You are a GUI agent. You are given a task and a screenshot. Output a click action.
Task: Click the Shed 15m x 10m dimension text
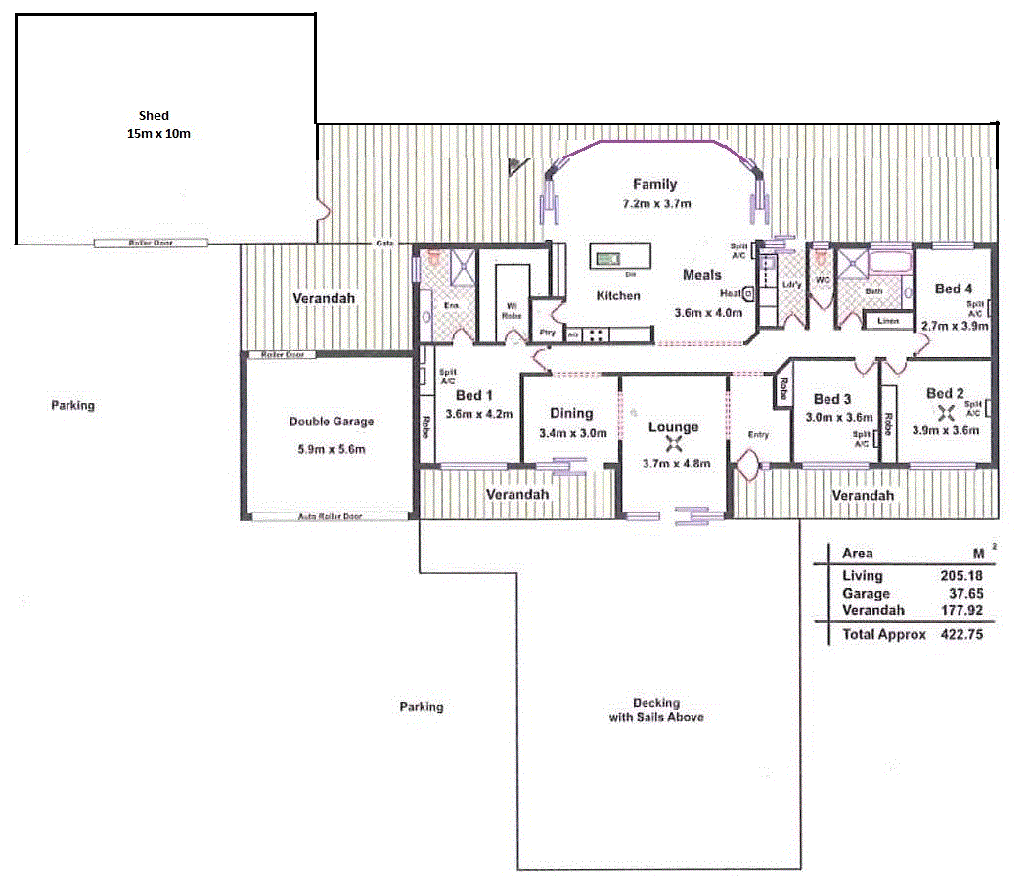(158, 133)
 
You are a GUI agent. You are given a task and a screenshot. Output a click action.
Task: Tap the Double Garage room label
(331, 422)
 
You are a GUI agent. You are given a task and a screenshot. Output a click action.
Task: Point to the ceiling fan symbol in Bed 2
(944, 412)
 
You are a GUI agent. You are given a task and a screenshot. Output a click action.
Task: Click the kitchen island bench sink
(607, 258)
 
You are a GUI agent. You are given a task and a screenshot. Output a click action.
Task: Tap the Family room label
(654, 184)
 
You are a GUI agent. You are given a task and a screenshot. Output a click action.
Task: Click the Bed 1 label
(475, 395)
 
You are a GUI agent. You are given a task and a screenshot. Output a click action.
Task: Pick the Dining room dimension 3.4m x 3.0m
(572, 433)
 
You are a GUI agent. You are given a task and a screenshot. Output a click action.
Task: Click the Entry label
(757, 434)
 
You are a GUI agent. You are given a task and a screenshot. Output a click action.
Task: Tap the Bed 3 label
(832, 399)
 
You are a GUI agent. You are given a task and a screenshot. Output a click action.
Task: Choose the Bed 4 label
(954, 289)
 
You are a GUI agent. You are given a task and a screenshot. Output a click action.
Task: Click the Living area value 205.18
(958, 576)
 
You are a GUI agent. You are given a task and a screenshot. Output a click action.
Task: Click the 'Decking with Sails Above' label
(655, 710)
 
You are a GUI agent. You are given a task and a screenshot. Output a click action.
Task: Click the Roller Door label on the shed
(151, 243)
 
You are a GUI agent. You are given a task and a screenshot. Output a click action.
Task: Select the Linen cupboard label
(888, 320)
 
